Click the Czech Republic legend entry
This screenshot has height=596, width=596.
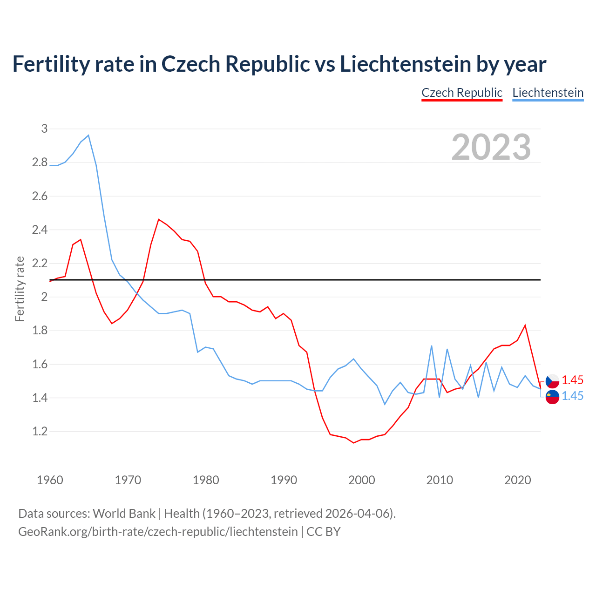tap(461, 93)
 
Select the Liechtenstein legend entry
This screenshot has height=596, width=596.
tap(548, 93)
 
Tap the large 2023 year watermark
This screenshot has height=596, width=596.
tap(491, 147)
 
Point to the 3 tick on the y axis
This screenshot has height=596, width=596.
tap(45, 129)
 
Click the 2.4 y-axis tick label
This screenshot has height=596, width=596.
tap(40, 230)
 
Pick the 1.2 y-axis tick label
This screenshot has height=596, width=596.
tap(40, 431)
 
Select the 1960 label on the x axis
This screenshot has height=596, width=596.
tap(50, 480)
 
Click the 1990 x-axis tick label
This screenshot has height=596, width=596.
tap(284, 480)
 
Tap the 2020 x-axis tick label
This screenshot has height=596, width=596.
tap(517, 480)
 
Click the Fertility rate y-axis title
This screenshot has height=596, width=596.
tap(20, 289)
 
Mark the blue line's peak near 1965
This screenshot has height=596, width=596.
tap(88, 135)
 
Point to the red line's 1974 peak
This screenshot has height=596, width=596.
tap(159, 219)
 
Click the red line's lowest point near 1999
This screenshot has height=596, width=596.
tap(353, 443)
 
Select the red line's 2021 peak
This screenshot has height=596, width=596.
tap(525, 325)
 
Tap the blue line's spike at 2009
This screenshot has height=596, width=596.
tap(432, 346)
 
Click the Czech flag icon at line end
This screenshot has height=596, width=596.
tap(552, 381)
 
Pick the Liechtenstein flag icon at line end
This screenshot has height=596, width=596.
tap(552, 397)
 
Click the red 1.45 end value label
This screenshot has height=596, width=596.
tap(572, 380)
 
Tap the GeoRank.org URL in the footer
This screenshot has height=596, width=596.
tap(158, 531)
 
